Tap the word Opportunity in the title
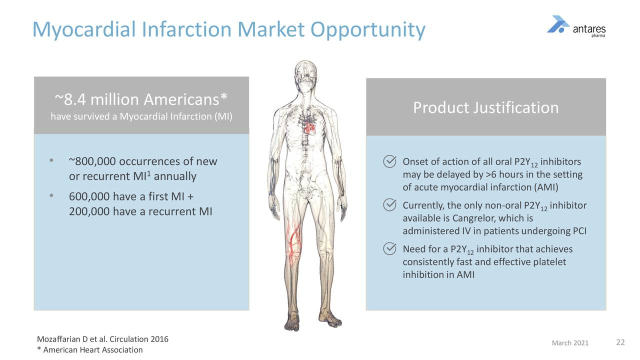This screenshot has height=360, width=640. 368,30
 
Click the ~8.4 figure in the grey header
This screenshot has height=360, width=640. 70,99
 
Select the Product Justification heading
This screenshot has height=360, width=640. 485,107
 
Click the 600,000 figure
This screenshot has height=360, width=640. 89,196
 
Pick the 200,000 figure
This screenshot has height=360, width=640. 89,211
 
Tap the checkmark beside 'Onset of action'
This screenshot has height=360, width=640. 389,161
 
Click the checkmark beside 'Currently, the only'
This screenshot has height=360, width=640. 389,205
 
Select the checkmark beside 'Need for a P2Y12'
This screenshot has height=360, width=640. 389,248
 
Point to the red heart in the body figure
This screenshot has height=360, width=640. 309,129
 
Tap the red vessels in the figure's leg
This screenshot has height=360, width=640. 293,243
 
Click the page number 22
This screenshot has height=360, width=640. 620,342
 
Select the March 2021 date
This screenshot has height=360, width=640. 570,343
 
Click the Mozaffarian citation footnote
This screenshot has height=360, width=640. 102,339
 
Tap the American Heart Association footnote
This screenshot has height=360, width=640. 90,349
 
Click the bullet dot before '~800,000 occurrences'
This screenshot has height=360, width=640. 51,160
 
